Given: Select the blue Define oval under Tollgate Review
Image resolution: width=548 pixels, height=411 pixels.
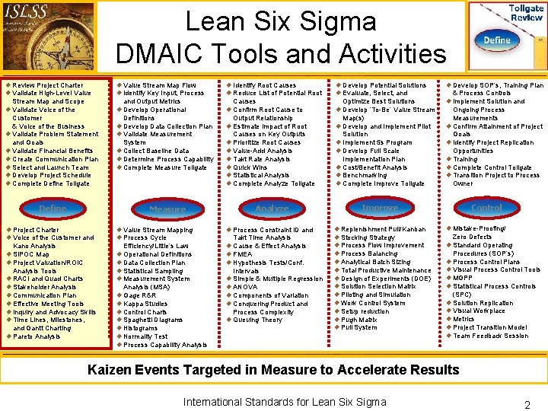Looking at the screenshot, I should (x=496, y=40).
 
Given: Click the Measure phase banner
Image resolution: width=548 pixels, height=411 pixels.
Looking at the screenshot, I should (x=167, y=209).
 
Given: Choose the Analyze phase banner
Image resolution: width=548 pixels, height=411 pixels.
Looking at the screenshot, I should (x=272, y=209).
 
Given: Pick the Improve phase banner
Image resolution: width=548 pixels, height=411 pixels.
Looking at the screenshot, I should (x=380, y=208).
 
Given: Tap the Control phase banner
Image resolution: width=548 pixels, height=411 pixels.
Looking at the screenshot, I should (x=486, y=207).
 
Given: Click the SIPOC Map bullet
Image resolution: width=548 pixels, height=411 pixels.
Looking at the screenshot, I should (x=31, y=254).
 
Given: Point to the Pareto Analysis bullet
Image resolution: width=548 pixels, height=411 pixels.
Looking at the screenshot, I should (x=37, y=336).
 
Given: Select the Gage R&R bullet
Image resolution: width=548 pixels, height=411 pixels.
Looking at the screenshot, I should (x=139, y=295).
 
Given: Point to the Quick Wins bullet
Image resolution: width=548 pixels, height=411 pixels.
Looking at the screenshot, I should (x=250, y=167).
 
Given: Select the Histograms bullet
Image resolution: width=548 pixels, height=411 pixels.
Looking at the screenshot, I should (x=142, y=328).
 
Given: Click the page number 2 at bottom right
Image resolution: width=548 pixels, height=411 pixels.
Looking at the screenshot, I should (x=527, y=405).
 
